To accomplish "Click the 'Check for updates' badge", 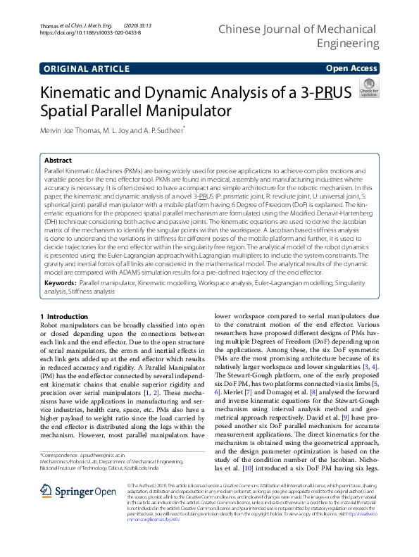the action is coord(368,89).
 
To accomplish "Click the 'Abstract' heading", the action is coord(58,160).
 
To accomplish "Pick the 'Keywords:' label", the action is coord(60,282).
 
